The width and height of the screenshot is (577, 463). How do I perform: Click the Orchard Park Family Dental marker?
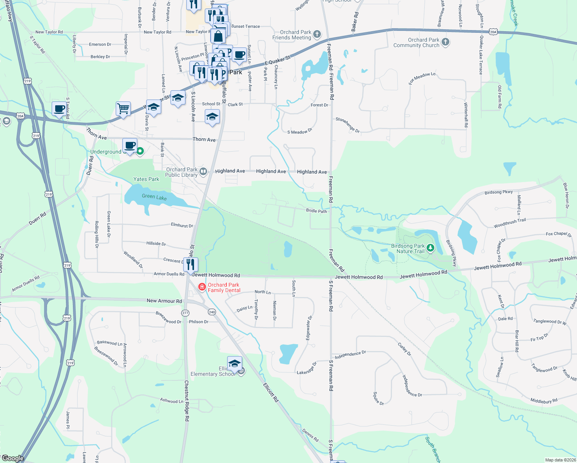pos(202,287)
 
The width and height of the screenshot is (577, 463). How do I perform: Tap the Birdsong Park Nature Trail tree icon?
pos(430,248)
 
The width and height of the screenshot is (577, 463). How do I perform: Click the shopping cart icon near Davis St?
pos(123,109)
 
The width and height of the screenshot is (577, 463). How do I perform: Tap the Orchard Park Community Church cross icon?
pos(445,42)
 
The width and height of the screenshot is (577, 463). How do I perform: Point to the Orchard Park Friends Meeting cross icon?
pos(317,34)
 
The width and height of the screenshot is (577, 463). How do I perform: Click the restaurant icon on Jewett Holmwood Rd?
pos(191,265)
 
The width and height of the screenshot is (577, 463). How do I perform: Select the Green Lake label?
pos(154,197)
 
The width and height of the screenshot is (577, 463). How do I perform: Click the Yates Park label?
pos(146,179)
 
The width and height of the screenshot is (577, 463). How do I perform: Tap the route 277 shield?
pos(186,313)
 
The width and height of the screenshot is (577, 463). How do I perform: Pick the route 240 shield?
pos(212,312)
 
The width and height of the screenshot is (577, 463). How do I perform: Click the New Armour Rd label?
pos(164,301)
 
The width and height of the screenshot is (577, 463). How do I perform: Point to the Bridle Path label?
pos(316,211)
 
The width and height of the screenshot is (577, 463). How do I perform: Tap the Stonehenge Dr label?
pos(348,125)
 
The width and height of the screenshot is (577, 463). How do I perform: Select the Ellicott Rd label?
pos(271,392)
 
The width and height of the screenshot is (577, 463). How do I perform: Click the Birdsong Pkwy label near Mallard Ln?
pos(499,192)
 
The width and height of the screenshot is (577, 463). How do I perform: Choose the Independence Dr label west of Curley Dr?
pos(350,355)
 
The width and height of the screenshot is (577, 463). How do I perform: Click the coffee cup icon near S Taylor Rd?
pos(59,109)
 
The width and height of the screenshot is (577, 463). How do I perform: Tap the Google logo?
pos(13,458)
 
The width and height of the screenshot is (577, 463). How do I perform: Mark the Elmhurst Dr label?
pos(182,225)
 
